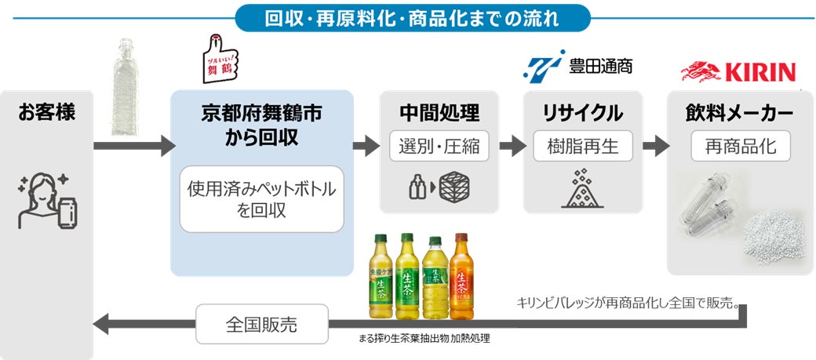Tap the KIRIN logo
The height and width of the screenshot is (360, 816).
[x=738, y=73]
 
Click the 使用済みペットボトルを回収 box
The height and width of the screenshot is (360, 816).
[x=261, y=199]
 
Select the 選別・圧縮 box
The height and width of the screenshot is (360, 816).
[x=439, y=146]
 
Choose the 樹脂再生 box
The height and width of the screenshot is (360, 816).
[x=582, y=146]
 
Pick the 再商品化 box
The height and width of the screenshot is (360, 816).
[x=740, y=146]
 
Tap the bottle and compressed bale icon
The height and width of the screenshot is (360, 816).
[x=439, y=188]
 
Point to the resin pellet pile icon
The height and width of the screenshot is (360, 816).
[x=582, y=189]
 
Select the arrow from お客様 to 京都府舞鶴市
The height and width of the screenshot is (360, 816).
[x=133, y=145]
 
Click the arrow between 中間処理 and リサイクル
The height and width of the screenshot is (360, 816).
[x=512, y=146]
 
